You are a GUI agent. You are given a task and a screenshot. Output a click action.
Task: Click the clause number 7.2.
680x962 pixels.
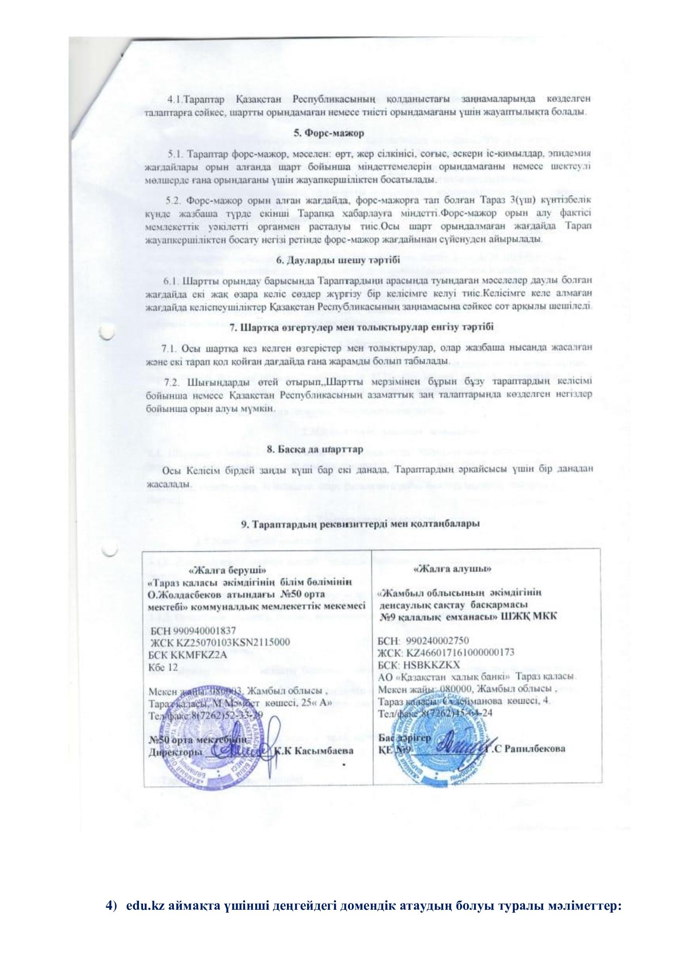coord(173,382)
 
